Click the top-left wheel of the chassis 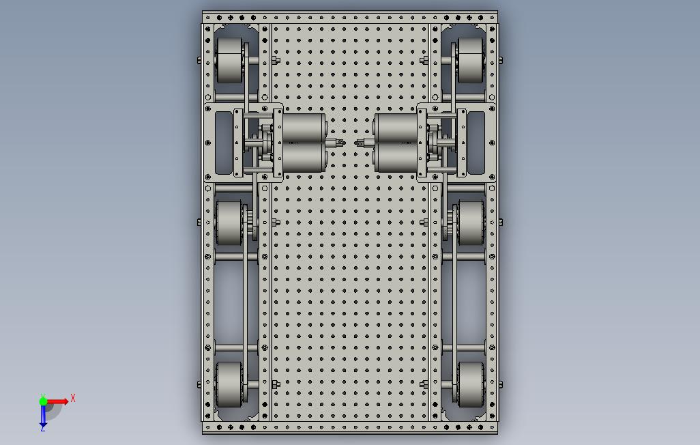pyautogui.click(x=229, y=61)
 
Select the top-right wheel pyautogui.click(x=470, y=61)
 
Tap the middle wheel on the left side pyautogui.click(x=229, y=222)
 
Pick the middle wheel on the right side pyautogui.click(x=470, y=222)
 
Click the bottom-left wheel pyautogui.click(x=229, y=384)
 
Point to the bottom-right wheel pyautogui.click(x=470, y=384)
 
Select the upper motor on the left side pyautogui.click(x=304, y=128)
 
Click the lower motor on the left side pyautogui.click(x=304, y=158)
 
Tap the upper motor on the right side pyautogui.click(x=396, y=128)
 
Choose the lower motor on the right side pyautogui.click(x=396, y=158)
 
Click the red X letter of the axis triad pyautogui.click(x=73, y=398)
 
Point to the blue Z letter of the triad pyautogui.click(x=42, y=428)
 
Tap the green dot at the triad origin pyautogui.click(x=43, y=401)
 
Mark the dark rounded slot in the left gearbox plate pyautogui.click(x=223, y=142)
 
